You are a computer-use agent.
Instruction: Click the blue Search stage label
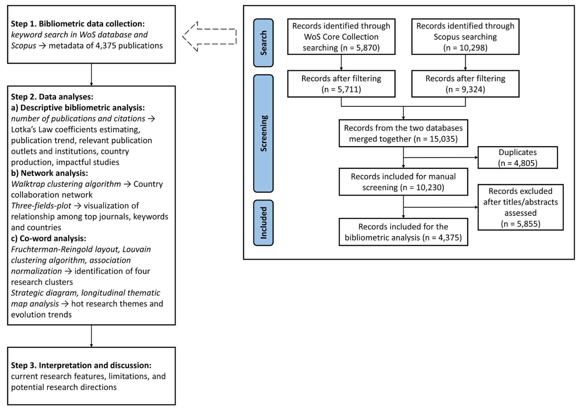(x=263, y=43)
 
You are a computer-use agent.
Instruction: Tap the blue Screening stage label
(x=263, y=133)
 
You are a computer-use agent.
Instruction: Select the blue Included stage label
(x=263, y=223)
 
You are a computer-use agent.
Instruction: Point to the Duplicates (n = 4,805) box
(x=517, y=157)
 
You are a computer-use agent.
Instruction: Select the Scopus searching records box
(x=465, y=37)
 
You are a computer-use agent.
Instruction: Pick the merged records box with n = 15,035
(x=403, y=133)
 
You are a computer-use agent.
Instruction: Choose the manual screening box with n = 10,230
(x=403, y=182)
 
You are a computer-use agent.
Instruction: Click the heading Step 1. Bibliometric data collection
(x=78, y=24)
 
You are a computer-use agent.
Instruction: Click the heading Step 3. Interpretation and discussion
(x=81, y=365)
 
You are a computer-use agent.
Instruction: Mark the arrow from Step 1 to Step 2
(x=91, y=75)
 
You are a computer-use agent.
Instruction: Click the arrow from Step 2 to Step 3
(x=91, y=336)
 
